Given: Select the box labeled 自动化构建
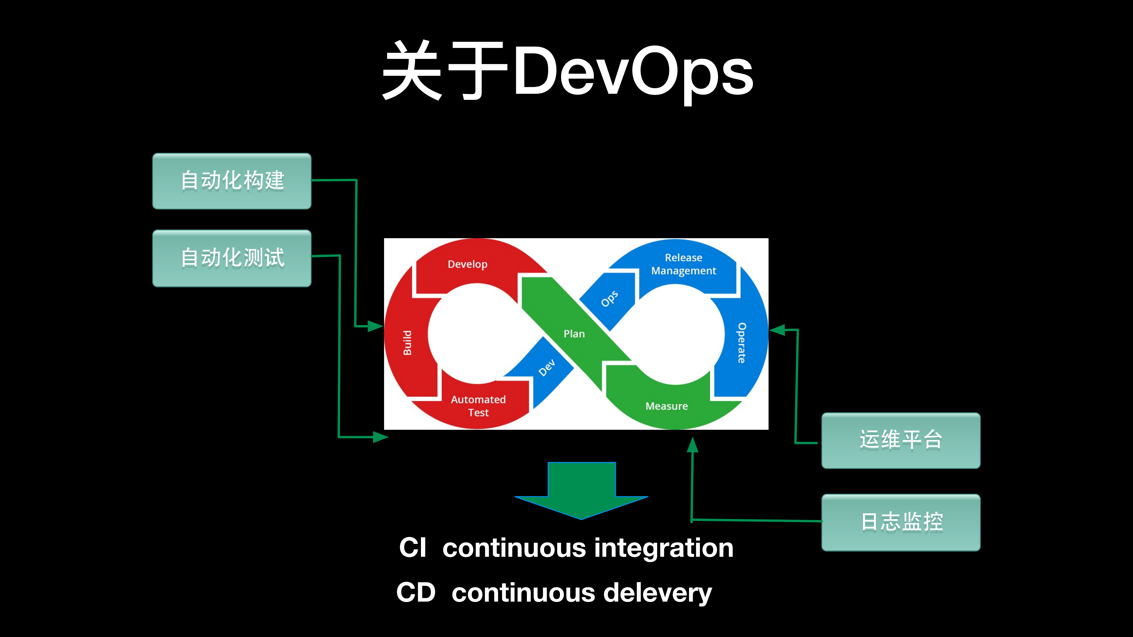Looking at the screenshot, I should pos(232,181).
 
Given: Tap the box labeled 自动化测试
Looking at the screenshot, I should pos(232,258).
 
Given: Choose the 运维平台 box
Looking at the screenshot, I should pos(901,440).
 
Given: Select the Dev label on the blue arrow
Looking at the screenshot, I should pos(547,368).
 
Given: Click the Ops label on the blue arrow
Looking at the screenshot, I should pos(609,299).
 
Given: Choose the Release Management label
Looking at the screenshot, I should pos(683,264).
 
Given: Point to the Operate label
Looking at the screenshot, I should pos(742,343).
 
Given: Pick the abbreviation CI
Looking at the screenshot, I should pos(413,548).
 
